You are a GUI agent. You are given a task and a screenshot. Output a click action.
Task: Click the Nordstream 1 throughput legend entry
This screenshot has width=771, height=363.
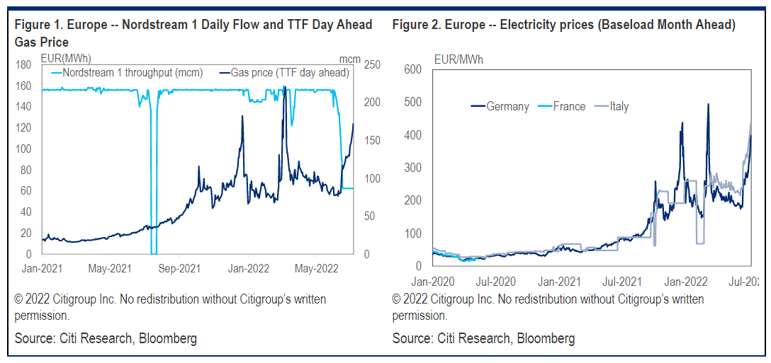[128, 73]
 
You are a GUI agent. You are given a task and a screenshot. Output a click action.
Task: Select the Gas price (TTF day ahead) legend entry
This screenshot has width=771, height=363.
[290, 73]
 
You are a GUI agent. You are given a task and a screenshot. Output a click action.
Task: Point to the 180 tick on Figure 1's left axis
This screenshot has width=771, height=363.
[23, 64]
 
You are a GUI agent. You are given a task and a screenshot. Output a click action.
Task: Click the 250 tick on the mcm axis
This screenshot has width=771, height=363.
[372, 64]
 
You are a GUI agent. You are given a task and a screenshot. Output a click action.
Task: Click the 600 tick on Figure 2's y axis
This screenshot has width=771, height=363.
[413, 69]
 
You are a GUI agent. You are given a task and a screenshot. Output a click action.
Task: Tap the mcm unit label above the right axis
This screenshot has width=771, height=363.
[349, 57]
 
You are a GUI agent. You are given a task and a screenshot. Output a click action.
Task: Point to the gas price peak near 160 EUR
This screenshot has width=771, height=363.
[284, 87]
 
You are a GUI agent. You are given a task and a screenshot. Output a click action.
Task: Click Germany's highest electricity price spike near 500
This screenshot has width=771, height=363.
[709, 105]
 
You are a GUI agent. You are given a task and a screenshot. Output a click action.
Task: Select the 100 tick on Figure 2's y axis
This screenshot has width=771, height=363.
[413, 234]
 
